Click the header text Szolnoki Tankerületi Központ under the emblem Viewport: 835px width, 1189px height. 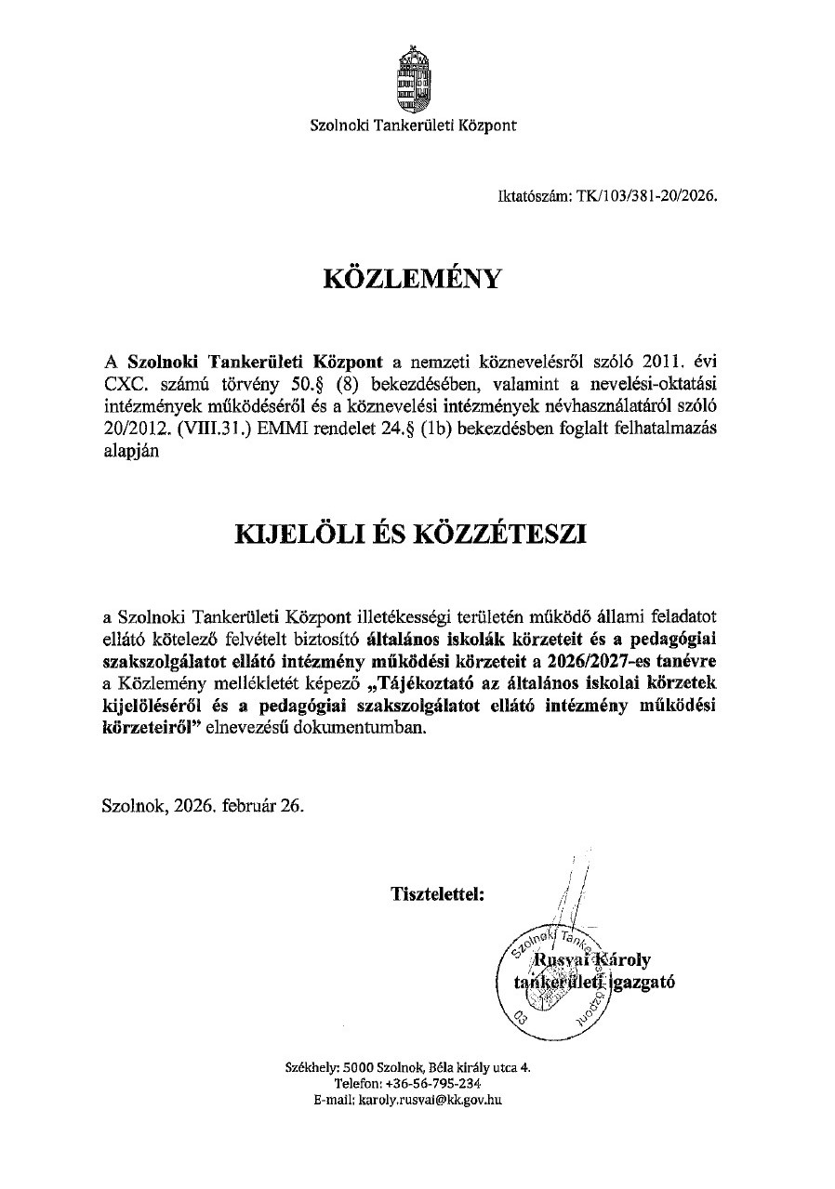[x=413, y=126]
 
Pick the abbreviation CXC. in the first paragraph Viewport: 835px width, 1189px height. [x=123, y=384]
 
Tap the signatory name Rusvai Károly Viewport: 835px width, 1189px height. [x=585, y=960]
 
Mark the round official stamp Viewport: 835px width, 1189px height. [x=555, y=982]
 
